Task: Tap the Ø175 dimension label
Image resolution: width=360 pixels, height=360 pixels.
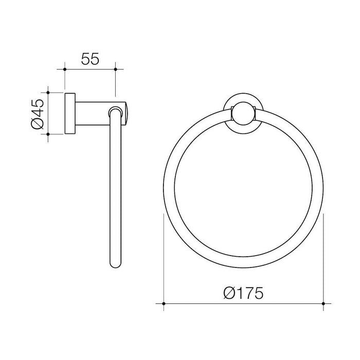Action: [x=243, y=294]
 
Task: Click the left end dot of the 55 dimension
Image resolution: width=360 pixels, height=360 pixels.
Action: [x=64, y=69]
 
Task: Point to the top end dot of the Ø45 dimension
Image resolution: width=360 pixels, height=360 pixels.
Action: [x=48, y=93]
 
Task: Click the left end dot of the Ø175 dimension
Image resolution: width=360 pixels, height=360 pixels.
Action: [x=164, y=305]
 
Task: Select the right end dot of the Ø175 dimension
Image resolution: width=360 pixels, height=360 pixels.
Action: [x=323, y=305]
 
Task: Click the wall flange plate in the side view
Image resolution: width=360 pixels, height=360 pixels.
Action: [x=70, y=114]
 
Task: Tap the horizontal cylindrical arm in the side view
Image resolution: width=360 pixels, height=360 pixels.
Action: [x=93, y=114]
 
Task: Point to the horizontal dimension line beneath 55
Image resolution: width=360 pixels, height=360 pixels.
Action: [x=89, y=69]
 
